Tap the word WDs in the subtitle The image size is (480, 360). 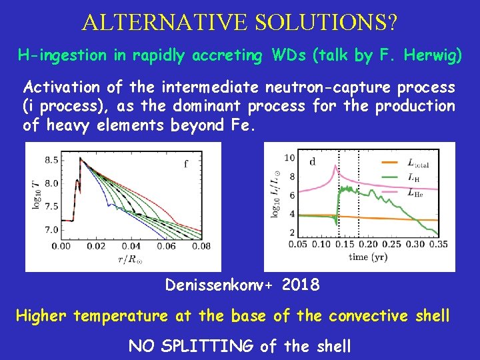285,55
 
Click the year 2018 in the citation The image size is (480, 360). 301,285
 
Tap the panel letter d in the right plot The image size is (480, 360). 312,160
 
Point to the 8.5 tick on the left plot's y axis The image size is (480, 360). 51,160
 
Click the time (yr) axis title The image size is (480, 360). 367,257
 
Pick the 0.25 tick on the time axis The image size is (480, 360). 393,245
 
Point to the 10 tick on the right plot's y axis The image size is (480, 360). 289,157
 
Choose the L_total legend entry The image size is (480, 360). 419,162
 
